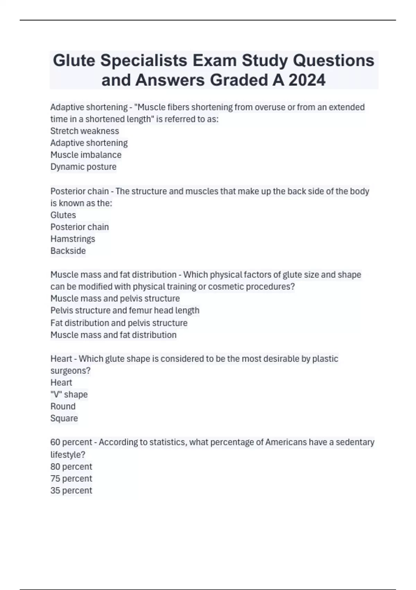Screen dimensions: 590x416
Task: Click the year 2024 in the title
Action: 307,80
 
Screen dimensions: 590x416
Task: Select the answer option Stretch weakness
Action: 85,131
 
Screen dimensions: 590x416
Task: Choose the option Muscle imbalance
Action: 86,155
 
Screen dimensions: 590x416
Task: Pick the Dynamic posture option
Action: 83,167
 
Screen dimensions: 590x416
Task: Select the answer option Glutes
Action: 63,215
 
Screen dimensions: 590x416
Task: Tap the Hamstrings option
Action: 72,239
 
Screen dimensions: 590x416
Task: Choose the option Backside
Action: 68,251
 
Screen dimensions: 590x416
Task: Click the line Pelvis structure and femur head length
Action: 125,310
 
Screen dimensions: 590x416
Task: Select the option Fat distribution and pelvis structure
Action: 119,323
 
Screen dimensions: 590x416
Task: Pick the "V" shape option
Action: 69,394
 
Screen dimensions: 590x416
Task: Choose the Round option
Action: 63,406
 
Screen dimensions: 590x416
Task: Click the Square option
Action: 64,418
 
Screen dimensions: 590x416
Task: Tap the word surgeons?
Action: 70,371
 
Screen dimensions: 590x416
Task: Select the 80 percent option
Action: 71,466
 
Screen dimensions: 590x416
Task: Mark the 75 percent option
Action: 71,478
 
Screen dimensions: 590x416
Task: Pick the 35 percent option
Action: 71,490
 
